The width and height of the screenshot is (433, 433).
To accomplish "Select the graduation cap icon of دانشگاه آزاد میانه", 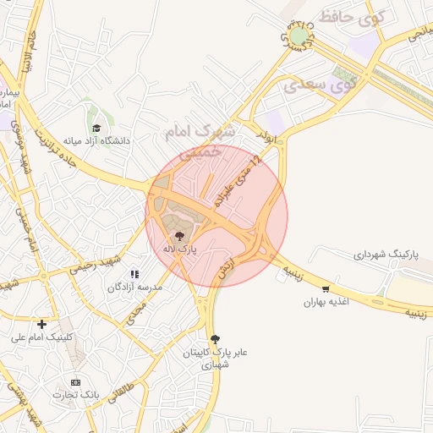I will (97, 128).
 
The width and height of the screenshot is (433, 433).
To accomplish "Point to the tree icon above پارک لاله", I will (178, 235).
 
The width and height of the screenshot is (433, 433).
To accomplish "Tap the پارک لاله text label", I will (178, 249).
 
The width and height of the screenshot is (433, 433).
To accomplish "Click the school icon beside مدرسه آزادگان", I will (134, 274).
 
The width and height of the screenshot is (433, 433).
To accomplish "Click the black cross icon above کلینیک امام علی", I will (41, 323).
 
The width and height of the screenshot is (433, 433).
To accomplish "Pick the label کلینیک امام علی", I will (42, 337).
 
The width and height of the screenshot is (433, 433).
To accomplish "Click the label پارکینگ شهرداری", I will (385, 254).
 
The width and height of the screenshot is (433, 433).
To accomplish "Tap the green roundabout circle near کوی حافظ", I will (299, 36).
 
